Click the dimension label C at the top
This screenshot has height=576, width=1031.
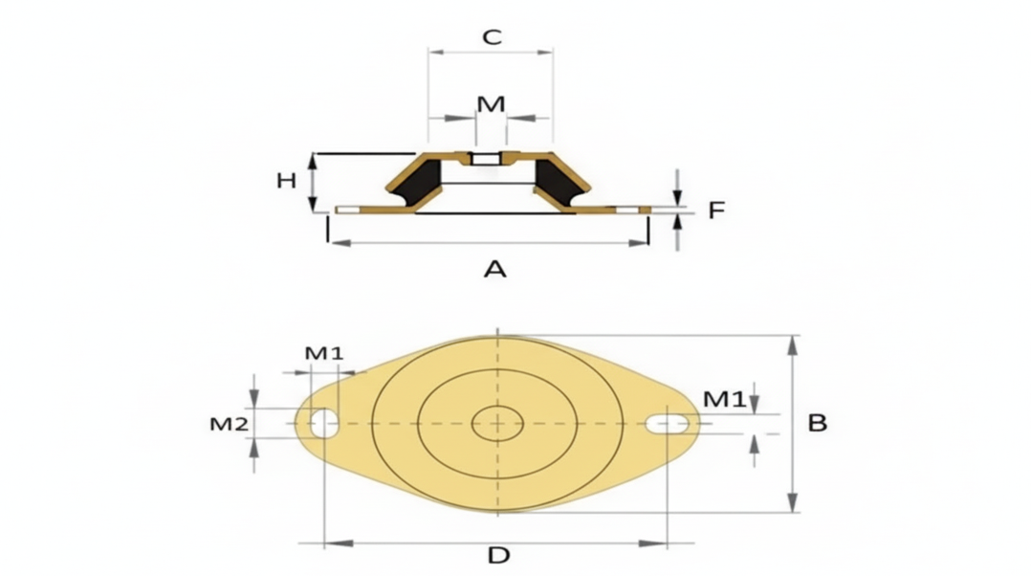click(x=492, y=36)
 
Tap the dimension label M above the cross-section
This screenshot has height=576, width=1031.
click(x=491, y=104)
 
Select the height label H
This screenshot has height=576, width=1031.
click(x=286, y=180)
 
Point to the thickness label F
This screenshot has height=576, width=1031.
click(x=716, y=210)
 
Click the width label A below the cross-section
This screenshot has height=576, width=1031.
click(x=495, y=268)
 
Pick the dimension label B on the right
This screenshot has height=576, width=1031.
click(x=817, y=423)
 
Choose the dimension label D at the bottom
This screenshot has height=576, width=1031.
click(x=498, y=555)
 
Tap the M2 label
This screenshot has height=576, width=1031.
click(x=229, y=424)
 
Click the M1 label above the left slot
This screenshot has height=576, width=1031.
click(x=324, y=353)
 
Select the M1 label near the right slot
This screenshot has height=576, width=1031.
click(x=725, y=398)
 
